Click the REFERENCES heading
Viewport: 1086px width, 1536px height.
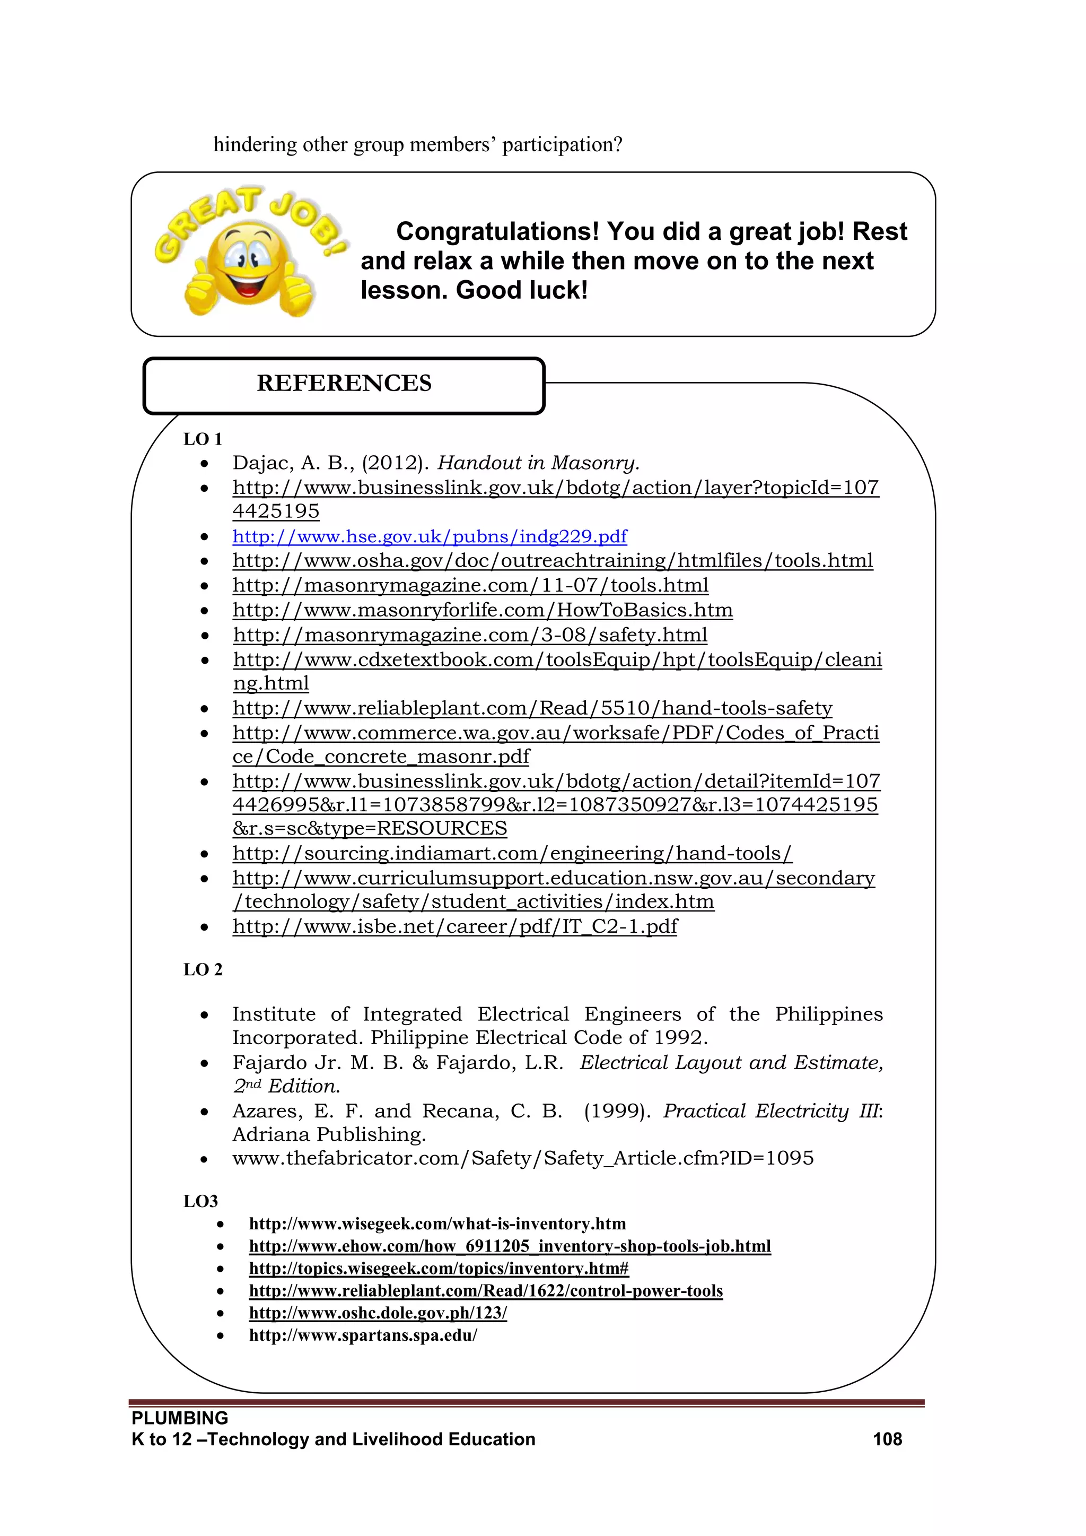pyautogui.click(x=344, y=383)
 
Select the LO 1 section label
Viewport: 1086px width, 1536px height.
pyautogui.click(x=202, y=439)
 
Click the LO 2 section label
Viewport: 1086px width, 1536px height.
pyautogui.click(x=203, y=969)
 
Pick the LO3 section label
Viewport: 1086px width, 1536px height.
pyautogui.click(x=200, y=1202)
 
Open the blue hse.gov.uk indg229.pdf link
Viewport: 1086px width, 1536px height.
pyautogui.click(x=430, y=536)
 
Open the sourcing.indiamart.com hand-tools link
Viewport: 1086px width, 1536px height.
pyautogui.click(x=512, y=854)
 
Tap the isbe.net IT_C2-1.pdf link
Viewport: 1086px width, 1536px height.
pyautogui.click(x=455, y=926)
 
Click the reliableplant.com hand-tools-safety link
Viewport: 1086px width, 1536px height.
pyautogui.click(x=532, y=708)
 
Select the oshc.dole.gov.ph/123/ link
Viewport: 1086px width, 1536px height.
pyautogui.click(x=378, y=1313)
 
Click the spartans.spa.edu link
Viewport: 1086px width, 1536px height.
pyautogui.click(x=363, y=1335)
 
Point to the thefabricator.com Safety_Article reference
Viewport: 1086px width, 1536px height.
pyautogui.click(x=522, y=1158)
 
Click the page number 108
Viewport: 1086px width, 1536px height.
pyautogui.click(x=887, y=1439)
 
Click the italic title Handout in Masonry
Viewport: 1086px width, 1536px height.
pyautogui.click(x=538, y=463)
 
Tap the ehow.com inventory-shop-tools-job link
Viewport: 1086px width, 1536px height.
pyautogui.click(x=509, y=1246)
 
